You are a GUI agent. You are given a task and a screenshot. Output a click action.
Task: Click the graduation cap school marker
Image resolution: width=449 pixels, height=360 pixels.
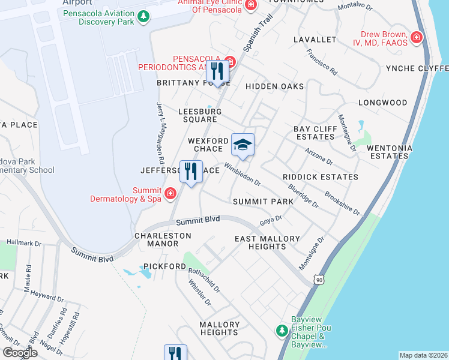243,145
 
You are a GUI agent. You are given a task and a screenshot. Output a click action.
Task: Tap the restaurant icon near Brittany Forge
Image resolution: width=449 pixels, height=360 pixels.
217,72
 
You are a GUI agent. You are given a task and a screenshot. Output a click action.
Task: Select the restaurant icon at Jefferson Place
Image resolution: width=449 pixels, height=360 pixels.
191,172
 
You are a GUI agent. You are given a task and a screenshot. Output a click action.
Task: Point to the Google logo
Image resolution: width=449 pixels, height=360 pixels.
20,352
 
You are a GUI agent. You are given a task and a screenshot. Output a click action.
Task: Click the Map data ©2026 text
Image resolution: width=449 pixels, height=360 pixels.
423,355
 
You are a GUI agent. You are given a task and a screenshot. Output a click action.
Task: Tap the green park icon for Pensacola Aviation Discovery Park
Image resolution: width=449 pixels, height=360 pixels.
143,17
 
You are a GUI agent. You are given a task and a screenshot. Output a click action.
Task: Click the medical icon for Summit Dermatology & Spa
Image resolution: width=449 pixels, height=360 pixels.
170,193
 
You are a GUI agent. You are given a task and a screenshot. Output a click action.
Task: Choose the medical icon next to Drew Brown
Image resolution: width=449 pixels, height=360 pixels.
417,38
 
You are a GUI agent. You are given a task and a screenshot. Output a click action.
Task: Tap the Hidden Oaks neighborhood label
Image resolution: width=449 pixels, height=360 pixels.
274,86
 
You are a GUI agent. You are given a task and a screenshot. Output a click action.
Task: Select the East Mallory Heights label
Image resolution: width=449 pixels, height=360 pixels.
267,243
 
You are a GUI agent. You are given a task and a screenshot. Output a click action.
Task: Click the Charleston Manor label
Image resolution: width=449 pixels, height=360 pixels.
156,240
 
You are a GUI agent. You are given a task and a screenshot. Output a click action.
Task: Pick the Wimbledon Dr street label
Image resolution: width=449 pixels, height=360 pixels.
243,173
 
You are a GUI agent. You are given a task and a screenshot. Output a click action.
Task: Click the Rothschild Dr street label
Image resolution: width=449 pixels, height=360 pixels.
204,280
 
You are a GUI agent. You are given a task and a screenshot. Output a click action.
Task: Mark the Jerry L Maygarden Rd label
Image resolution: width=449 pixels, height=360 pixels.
160,133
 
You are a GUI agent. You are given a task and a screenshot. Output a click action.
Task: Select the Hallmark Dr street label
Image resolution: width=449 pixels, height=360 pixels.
24,244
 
